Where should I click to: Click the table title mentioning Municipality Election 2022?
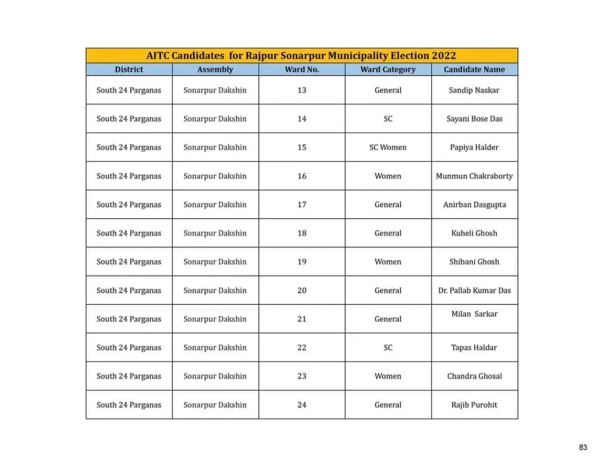point(301,56)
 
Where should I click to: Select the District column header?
point(129,70)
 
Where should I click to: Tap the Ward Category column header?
point(388,70)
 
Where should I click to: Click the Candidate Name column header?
point(474,70)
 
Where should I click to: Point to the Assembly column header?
point(215,70)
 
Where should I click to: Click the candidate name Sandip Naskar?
point(474,90)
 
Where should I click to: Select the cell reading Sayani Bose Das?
point(474,119)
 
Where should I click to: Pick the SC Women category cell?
point(388,147)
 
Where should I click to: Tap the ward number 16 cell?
point(301,176)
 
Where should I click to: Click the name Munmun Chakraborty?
point(474,176)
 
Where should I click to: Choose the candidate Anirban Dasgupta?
point(474,205)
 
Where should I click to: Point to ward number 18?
point(301,233)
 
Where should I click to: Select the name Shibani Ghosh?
point(474,262)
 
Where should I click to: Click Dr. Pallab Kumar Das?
point(474,291)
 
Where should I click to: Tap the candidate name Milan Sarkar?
point(474,314)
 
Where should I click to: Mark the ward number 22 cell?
point(301,348)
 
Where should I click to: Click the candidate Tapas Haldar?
point(474,348)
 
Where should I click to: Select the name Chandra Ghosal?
point(474,376)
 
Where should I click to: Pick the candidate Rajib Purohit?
point(474,405)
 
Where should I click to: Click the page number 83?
point(583,448)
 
